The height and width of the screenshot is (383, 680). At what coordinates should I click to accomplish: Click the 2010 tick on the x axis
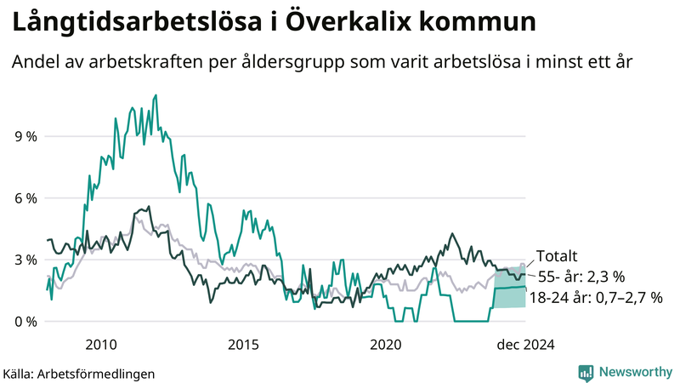tap(101, 344)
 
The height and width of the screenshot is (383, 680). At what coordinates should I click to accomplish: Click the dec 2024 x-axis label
tap(525, 344)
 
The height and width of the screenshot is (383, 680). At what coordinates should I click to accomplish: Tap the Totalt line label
tap(557, 255)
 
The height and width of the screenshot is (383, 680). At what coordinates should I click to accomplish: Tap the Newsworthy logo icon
tap(586, 372)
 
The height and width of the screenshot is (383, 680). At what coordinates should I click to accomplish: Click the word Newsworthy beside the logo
tap(636, 372)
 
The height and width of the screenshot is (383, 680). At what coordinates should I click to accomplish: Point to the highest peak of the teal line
tap(156, 95)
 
